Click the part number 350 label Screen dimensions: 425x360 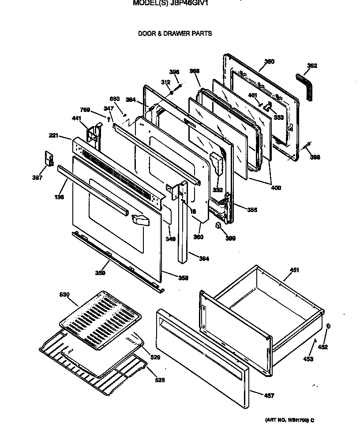click(269, 62)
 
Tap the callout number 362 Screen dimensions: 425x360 click(312, 66)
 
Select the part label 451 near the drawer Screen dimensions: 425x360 click(294, 270)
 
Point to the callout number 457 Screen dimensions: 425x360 click(269, 395)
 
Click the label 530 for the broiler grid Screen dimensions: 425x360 click(65, 295)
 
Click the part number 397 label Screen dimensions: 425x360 click(37, 178)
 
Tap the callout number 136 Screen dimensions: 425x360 click(59, 197)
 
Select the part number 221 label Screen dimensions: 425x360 click(54, 136)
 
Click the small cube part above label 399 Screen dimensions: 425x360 click(218, 225)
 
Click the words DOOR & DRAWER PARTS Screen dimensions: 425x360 click(175, 33)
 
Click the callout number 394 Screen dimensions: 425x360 click(204, 259)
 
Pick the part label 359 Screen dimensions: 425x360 click(100, 273)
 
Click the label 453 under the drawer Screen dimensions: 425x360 click(308, 359)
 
